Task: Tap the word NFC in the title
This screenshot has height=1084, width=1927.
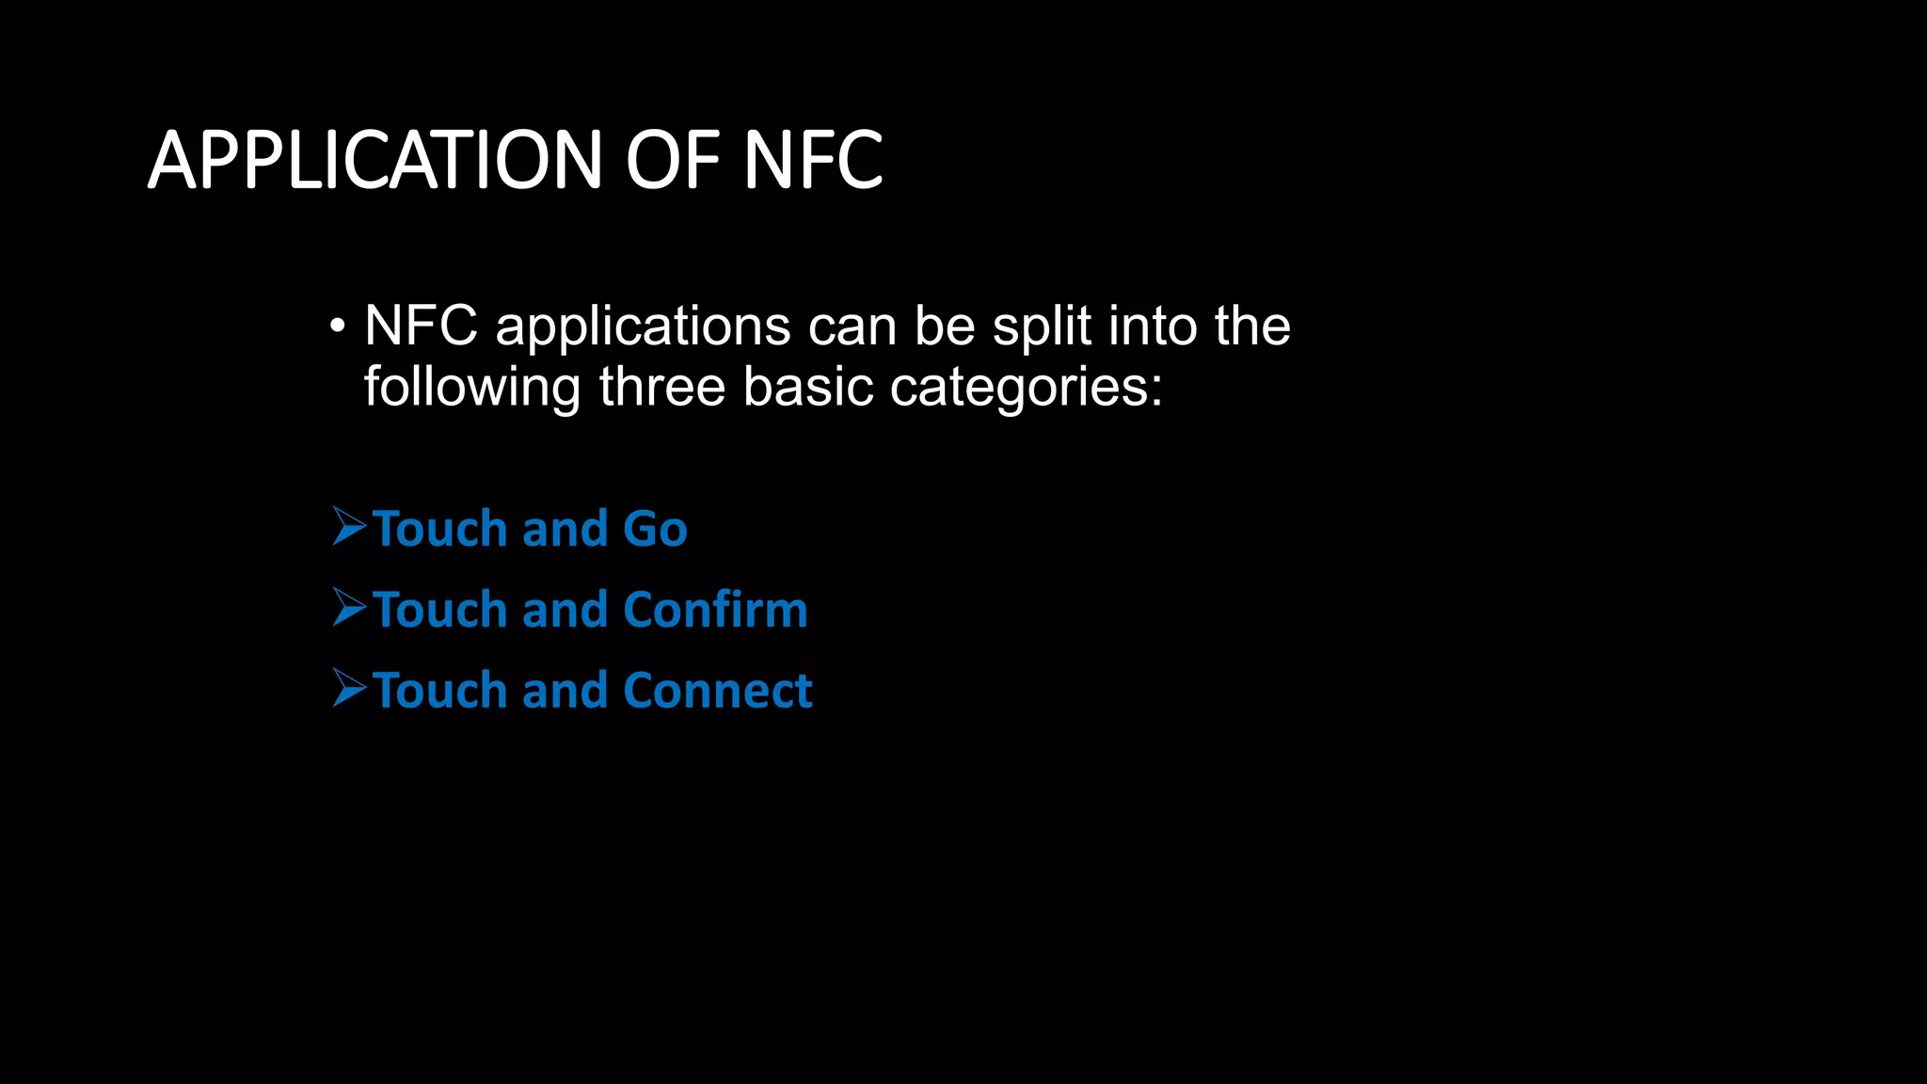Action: pos(813,160)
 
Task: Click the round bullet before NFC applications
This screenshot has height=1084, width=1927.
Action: pos(337,327)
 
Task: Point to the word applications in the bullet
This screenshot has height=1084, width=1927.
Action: pos(643,327)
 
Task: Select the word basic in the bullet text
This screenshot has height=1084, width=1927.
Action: pos(808,387)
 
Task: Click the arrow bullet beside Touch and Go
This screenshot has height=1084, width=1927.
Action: pos(349,526)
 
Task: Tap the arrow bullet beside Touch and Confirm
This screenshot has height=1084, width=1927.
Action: pos(349,607)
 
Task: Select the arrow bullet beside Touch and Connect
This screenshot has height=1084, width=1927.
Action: pos(349,688)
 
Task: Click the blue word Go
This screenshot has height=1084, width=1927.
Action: pos(655,529)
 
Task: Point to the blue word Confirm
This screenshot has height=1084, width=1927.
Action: pos(715,610)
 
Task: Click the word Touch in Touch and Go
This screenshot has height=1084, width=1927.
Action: pos(440,529)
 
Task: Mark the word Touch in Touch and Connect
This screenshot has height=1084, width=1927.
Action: pos(440,691)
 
